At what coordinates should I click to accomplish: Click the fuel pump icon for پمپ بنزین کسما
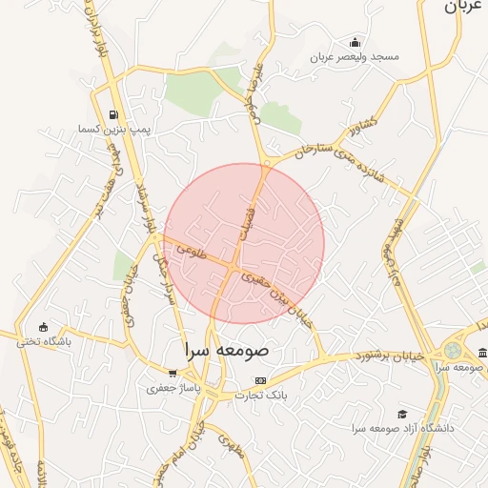[x=115, y=114]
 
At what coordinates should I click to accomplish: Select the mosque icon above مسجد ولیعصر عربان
[x=356, y=42]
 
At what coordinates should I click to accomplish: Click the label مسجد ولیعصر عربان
[x=356, y=57]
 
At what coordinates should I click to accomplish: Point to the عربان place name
[x=464, y=8]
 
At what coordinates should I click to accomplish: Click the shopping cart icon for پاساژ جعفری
[x=172, y=374]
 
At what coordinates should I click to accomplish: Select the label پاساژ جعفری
[x=172, y=388]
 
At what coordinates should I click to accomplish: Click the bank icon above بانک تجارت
[x=260, y=381]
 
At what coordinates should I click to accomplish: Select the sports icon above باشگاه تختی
[x=42, y=327]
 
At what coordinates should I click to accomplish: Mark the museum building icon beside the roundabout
[x=482, y=355]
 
